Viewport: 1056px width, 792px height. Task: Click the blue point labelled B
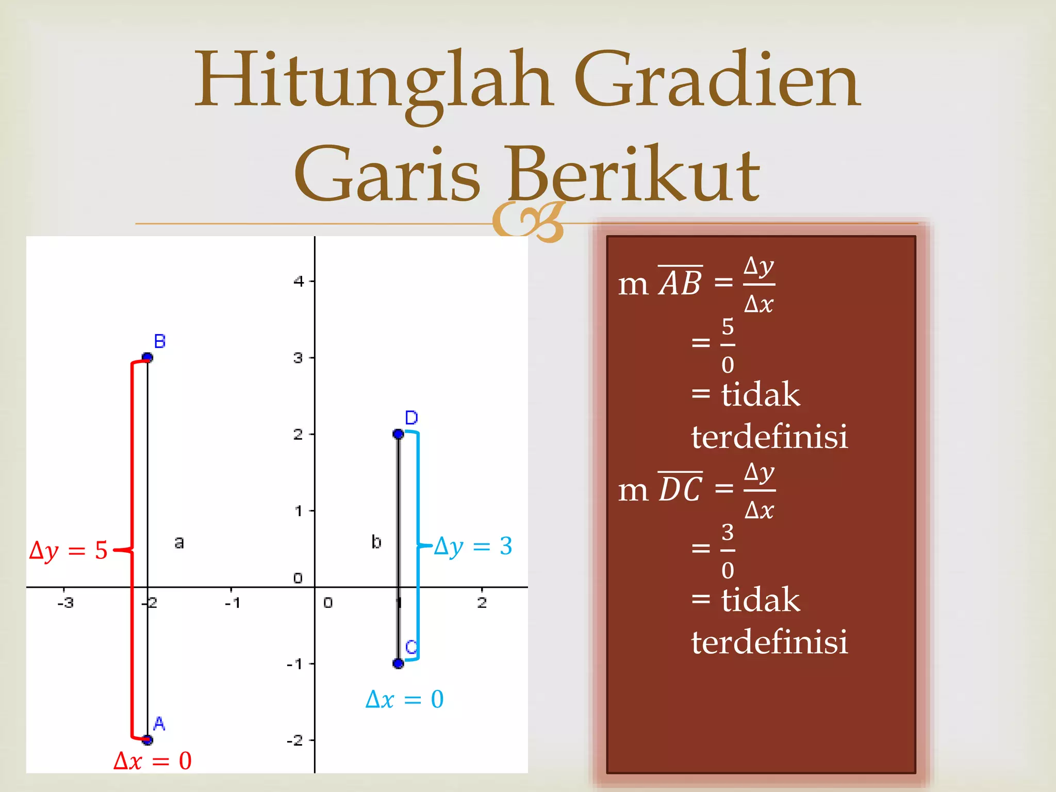(147, 357)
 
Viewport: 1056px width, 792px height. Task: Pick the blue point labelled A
(147, 740)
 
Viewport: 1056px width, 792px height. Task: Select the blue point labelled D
(398, 434)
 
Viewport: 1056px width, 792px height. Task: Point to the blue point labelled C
(398, 664)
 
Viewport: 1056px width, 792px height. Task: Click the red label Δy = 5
(69, 551)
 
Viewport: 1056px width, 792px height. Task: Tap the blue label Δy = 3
(473, 546)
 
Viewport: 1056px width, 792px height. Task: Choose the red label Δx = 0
(153, 761)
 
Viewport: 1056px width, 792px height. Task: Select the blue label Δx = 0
(405, 700)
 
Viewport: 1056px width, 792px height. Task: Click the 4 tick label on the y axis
(299, 282)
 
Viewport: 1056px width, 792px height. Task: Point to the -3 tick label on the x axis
(65, 602)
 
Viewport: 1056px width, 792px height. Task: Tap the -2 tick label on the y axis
(295, 741)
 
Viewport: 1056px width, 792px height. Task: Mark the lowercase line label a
(179, 542)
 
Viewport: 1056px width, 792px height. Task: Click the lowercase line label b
(376, 542)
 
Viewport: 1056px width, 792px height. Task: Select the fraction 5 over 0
(728, 345)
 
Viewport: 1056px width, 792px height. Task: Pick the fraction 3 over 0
(728, 551)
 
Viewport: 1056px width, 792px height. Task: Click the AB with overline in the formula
(681, 282)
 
